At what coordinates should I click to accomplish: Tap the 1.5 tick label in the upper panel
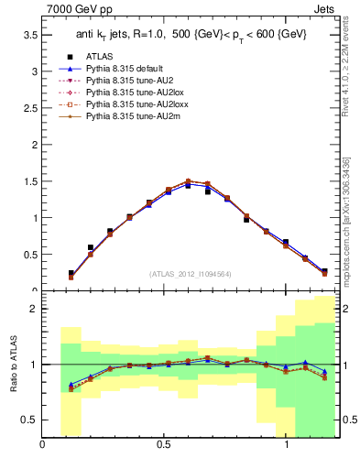pyautogui.click(x=29, y=181)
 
